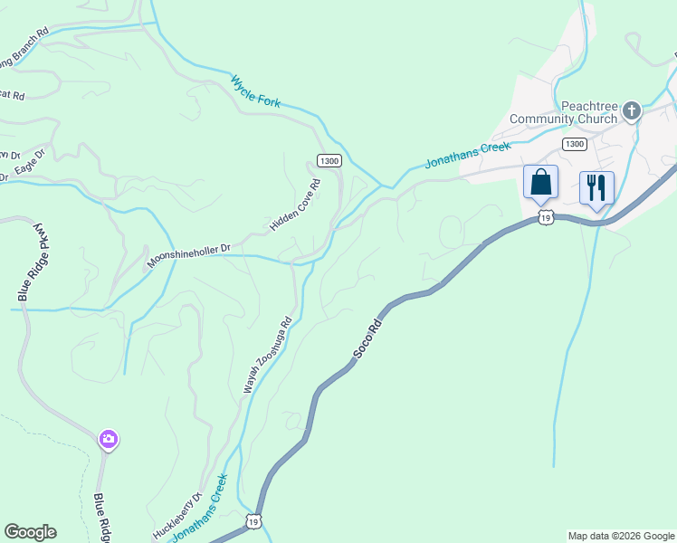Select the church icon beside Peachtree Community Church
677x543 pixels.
[632, 111]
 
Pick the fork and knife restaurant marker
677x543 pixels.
[596, 187]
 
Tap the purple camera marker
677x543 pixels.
[109, 440]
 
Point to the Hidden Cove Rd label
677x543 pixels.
[296, 205]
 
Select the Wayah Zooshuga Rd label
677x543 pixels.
[266, 355]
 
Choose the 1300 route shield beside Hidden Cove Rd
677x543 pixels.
[329, 160]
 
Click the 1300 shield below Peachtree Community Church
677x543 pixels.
[573, 144]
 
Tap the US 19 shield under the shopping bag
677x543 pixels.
[544, 217]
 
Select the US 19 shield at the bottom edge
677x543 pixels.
[253, 522]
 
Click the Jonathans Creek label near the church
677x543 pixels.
[468, 155]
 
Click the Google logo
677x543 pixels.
[30, 532]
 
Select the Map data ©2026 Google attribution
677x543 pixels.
[620, 536]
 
